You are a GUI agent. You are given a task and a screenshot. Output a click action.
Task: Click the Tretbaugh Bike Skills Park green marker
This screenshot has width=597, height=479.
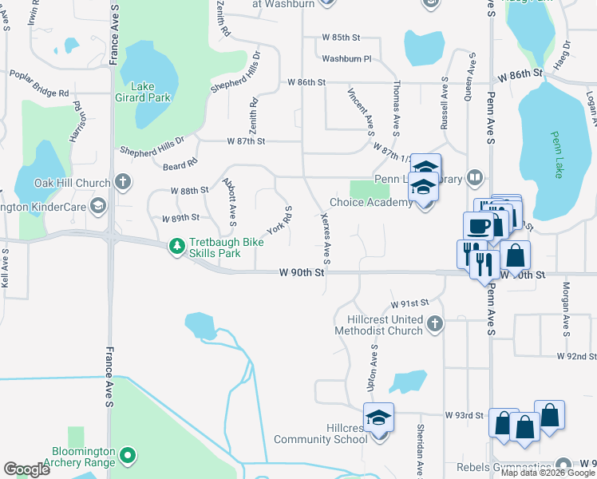176,247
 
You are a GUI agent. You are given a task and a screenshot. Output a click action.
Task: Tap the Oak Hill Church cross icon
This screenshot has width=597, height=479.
122,183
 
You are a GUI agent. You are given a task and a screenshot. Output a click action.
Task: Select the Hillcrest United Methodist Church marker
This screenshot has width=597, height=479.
434,324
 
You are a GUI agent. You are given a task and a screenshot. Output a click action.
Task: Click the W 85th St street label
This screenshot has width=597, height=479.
342,38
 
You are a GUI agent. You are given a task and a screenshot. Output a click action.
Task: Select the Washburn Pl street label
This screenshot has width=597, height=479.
346,58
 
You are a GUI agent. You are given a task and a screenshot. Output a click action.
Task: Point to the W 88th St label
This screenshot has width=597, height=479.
189,191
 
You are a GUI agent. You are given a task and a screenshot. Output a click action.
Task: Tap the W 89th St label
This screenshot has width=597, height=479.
180,218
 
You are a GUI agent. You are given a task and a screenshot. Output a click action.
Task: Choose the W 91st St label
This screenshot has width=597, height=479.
409,303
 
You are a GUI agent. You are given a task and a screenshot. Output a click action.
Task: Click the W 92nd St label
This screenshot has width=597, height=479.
576,355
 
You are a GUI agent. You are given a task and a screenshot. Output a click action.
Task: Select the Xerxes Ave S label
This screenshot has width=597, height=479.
325,236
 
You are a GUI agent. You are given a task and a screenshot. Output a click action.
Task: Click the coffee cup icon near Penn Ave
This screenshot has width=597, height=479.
479,226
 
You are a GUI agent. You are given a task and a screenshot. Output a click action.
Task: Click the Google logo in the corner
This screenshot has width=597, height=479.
26,469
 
